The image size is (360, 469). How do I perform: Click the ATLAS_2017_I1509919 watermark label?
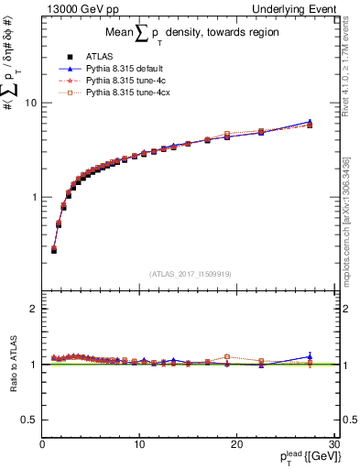[190, 272]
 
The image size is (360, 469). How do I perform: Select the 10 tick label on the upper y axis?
[30, 103]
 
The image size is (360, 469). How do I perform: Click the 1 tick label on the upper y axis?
[33, 197]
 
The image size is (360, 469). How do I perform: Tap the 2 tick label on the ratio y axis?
[33, 309]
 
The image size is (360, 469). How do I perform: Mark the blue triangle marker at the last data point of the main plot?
[310, 121]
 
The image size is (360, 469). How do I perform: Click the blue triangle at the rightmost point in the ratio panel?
[310, 356]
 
